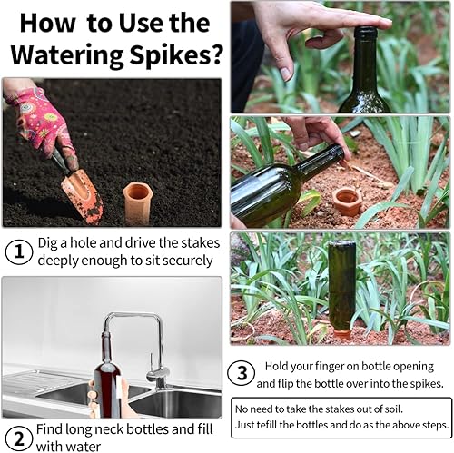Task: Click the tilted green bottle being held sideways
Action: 281,187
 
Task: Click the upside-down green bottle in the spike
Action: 341,286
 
